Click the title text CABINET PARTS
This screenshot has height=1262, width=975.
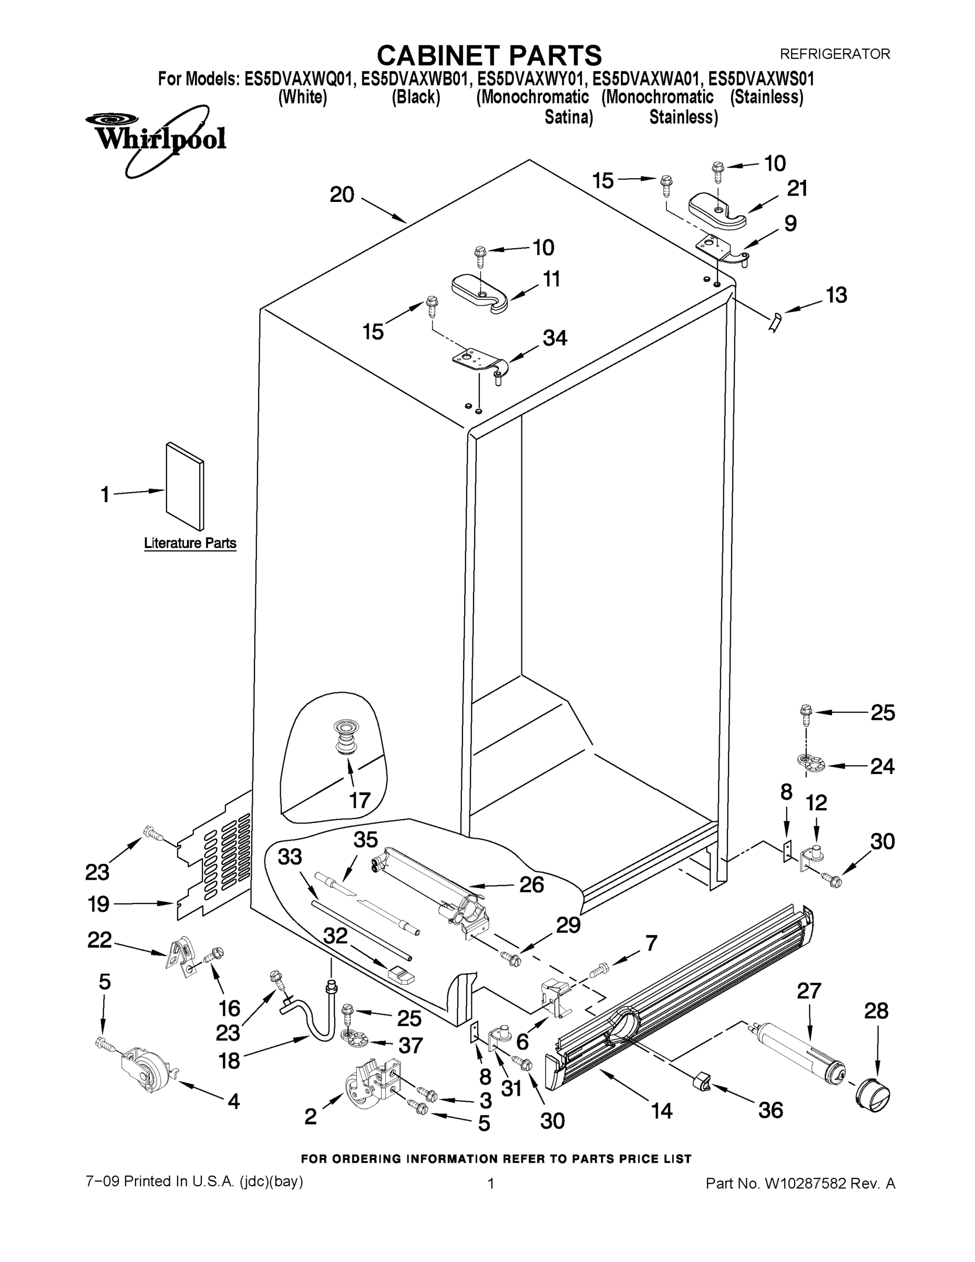pos(489,56)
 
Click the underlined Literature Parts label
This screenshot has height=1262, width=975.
pos(190,543)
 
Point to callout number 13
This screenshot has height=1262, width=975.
pos(836,296)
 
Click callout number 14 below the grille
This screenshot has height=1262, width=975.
pos(662,1111)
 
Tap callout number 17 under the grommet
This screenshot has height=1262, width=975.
pos(360,801)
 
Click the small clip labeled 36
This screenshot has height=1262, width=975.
pos(701,1081)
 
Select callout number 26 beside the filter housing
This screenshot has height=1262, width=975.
pos(531,884)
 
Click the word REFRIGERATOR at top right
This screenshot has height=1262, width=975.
pos(835,54)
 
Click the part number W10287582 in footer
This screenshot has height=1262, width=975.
pos(805,1184)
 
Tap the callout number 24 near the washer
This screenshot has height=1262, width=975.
pos(882,766)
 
